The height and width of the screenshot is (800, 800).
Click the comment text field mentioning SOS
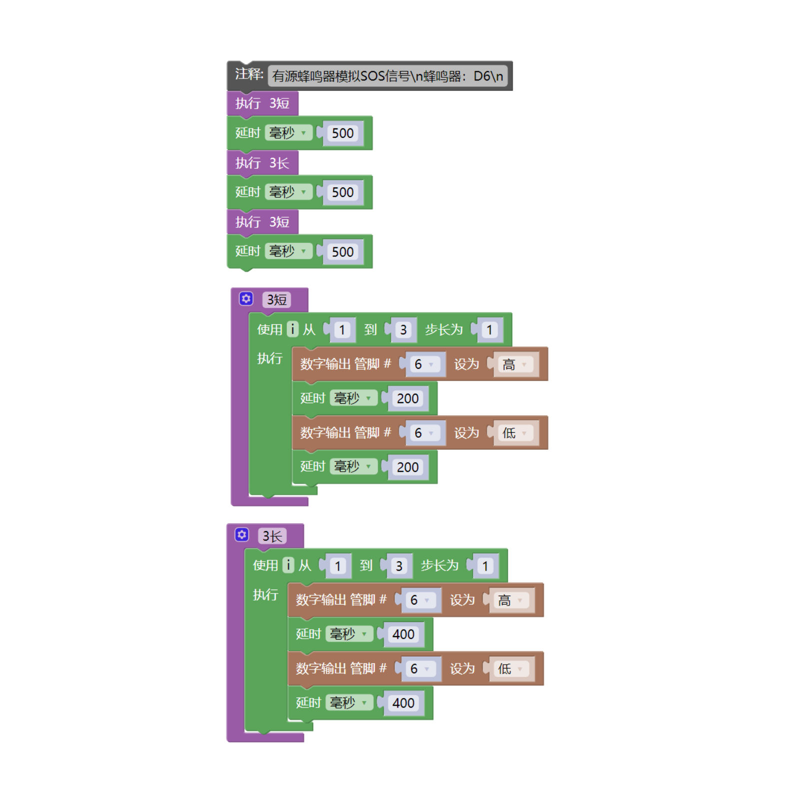click(x=388, y=76)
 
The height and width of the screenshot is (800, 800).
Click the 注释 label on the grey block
click(x=249, y=74)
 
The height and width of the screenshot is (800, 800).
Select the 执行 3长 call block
click(x=262, y=163)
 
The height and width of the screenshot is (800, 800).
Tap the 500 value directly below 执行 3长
click(x=342, y=192)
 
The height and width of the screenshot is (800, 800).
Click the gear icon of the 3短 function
click(x=246, y=299)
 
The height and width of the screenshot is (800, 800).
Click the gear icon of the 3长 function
click(x=242, y=535)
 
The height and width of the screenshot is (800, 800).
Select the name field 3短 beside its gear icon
click(x=276, y=300)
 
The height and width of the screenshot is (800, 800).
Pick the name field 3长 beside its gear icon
click(x=272, y=536)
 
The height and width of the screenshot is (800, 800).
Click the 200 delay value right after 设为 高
click(x=407, y=398)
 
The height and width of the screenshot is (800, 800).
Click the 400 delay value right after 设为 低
click(x=403, y=703)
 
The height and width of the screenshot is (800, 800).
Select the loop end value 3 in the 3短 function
click(x=403, y=330)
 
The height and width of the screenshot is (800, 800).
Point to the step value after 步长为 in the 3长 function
click(x=485, y=566)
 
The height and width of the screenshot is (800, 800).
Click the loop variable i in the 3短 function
click(x=293, y=329)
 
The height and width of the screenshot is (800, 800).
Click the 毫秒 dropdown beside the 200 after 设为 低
click(x=353, y=467)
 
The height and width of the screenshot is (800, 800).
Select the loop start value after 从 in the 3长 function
click(x=338, y=566)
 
